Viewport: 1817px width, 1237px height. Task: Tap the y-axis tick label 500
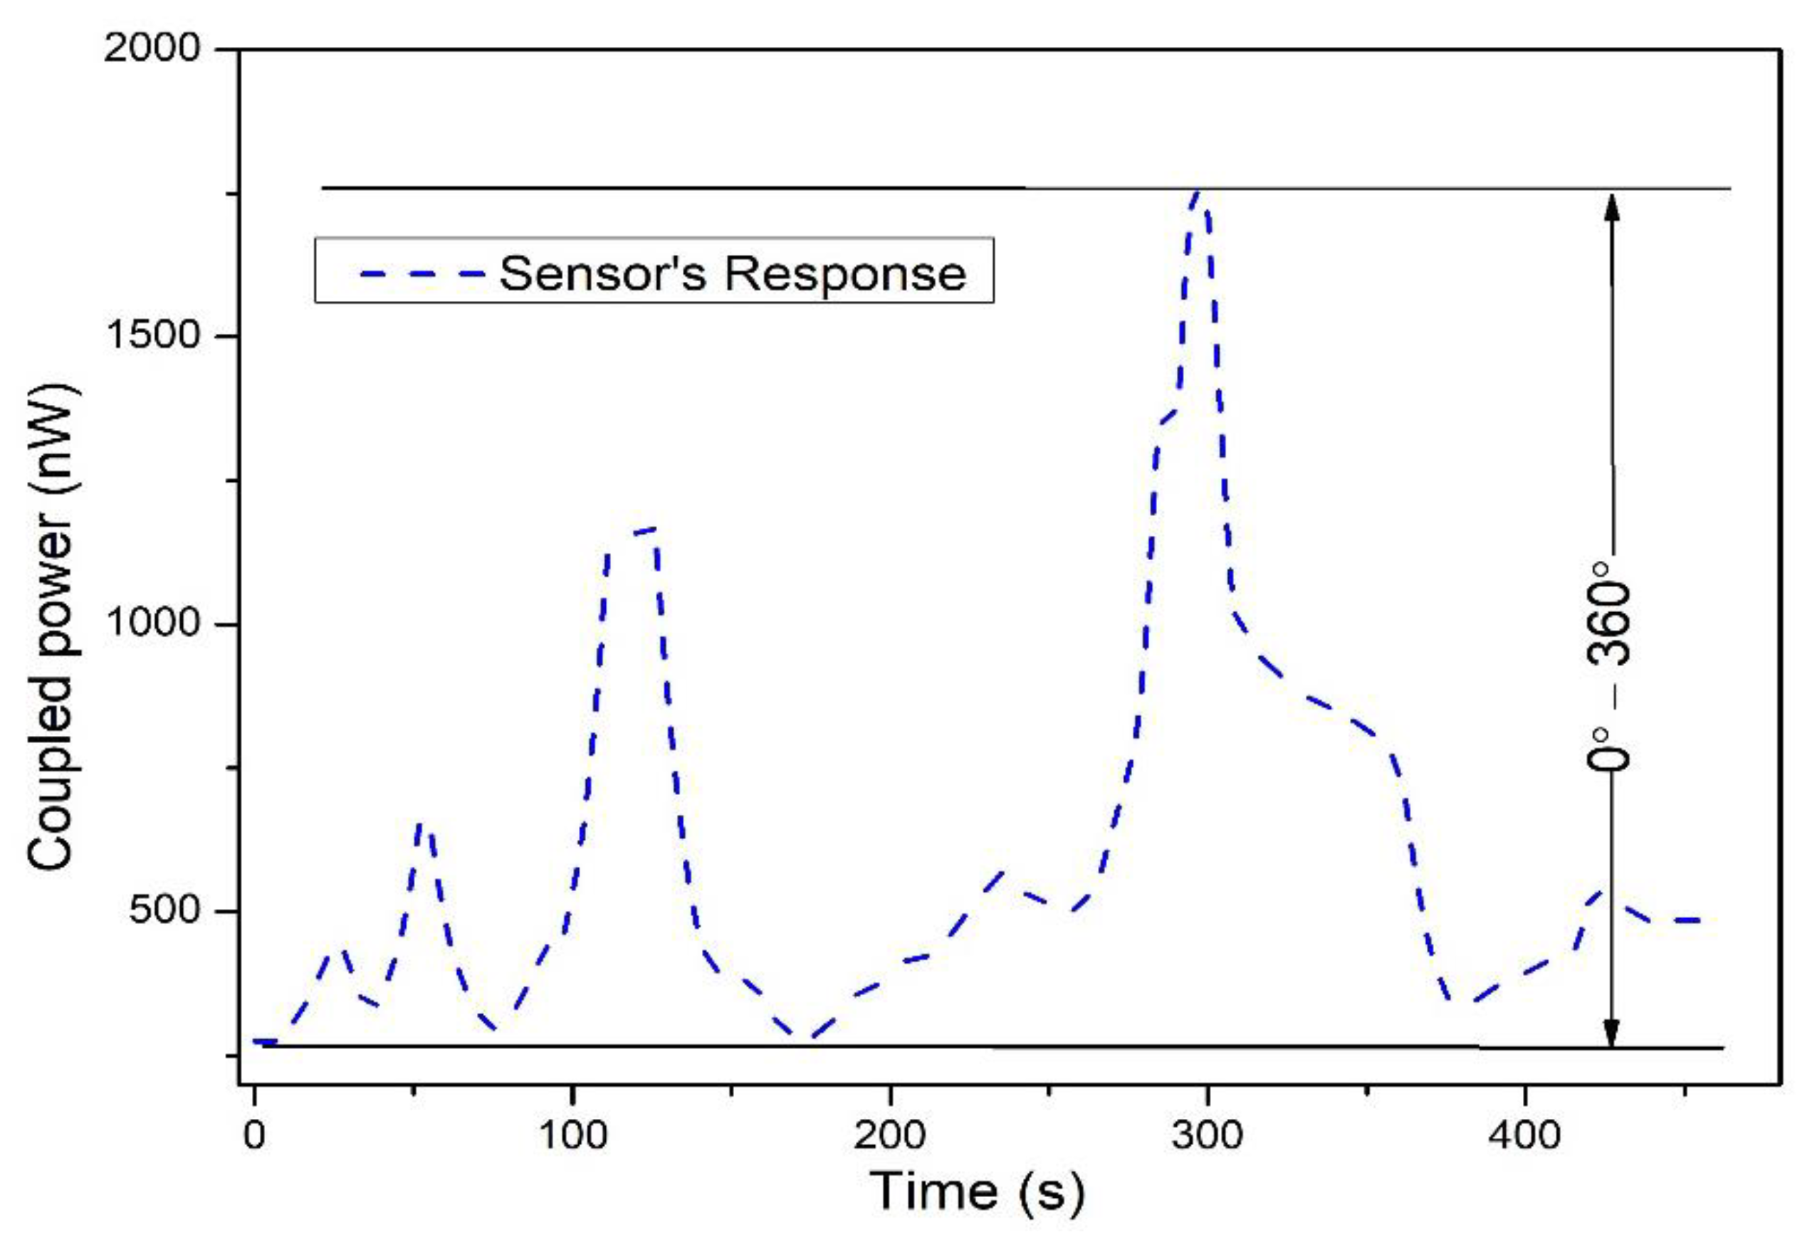(x=165, y=910)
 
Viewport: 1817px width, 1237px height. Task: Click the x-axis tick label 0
(x=254, y=1134)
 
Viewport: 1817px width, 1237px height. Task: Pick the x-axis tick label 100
(x=572, y=1134)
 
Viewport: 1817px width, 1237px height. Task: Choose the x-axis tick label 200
(x=890, y=1134)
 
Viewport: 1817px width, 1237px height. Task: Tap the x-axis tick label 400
(x=1524, y=1134)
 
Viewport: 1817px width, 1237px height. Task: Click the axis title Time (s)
(x=978, y=1191)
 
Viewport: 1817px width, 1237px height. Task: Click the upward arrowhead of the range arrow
(x=1611, y=205)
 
